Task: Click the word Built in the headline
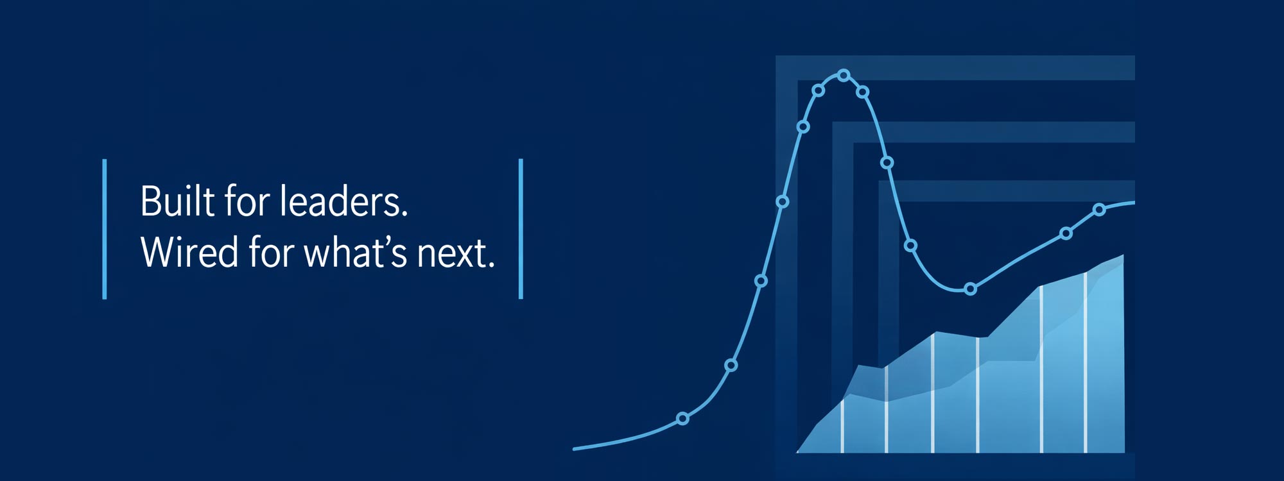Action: point(177,201)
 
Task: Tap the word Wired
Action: point(189,251)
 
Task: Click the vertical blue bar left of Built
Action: point(105,229)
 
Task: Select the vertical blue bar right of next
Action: point(521,229)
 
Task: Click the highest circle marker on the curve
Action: point(844,76)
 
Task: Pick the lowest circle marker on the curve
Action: point(682,419)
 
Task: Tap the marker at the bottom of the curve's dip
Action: point(970,289)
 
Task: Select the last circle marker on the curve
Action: point(1099,210)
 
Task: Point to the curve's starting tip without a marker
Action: point(575,449)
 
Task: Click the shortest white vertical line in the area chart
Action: point(842,424)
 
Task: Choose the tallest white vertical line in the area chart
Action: point(1086,362)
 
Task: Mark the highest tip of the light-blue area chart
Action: point(1123,255)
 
